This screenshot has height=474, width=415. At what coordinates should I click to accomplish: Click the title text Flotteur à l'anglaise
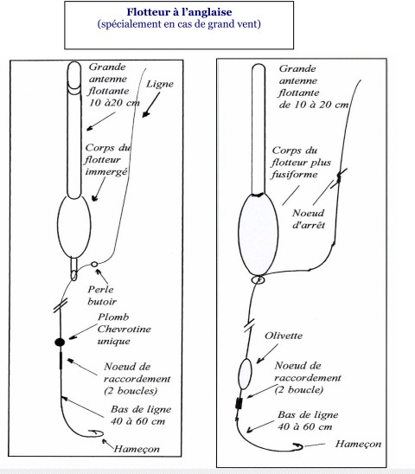[x=179, y=12]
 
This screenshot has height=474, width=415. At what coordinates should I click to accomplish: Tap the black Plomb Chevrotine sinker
[x=60, y=343]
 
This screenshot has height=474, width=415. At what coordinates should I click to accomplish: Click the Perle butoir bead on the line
[x=94, y=264]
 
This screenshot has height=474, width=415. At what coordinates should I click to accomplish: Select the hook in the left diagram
[x=95, y=433]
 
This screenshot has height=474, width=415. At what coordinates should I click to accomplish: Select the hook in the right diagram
[x=297, y=446]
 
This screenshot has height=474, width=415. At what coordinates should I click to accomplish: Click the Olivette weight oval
[x=245, y=374]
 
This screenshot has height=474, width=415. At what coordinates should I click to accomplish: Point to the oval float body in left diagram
[x=74, y=227]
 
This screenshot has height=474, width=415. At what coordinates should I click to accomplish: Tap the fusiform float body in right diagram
[x=259, y=234]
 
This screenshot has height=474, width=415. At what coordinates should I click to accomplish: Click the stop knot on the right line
[x=339, y=178]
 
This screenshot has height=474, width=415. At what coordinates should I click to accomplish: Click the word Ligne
[x=160, y=84]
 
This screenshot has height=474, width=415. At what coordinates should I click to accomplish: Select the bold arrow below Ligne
[x=150, y=105]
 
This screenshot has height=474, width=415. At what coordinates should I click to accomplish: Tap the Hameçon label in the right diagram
[x=358, y=444]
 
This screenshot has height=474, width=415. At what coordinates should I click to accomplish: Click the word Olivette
[x=284, y=336]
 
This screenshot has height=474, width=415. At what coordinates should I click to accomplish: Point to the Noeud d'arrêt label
[x=309, y=219]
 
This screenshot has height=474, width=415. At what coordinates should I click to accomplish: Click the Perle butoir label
[x=101, y=295]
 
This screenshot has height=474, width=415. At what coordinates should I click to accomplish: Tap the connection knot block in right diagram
[x=239, y=404]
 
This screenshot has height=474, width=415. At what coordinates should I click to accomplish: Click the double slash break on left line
[x=61, y=305]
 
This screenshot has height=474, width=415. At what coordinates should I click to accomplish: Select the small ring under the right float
[x=259, y=280]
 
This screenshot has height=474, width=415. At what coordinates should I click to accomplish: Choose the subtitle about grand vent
[x=179, y=24]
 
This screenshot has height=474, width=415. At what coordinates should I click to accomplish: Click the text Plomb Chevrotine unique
[x=124, y=329]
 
